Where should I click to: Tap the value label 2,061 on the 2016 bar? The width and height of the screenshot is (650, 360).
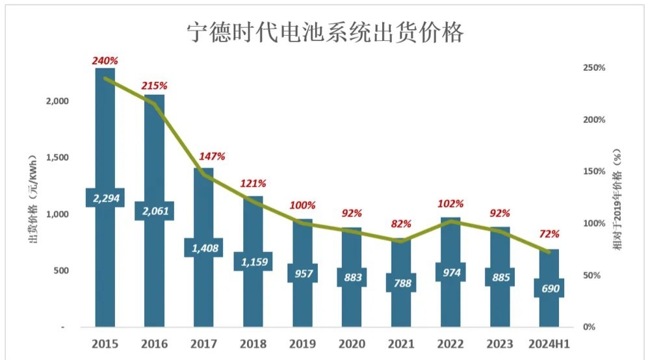point(154,210)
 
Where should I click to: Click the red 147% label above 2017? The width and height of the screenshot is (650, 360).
point(212,156)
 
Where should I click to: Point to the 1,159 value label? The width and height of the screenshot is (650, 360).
point(253,261)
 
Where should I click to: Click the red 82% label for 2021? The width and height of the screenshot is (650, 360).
point(401,224)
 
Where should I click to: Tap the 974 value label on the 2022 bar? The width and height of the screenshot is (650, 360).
point(450,272)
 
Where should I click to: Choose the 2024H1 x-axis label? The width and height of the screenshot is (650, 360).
point(549,343)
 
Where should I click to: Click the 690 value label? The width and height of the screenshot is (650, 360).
point(549,287)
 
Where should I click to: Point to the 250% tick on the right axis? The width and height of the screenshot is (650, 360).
point(593,68)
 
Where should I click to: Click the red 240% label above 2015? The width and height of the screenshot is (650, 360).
point(105,60)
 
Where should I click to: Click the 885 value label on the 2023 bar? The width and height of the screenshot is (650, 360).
point(500,277)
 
